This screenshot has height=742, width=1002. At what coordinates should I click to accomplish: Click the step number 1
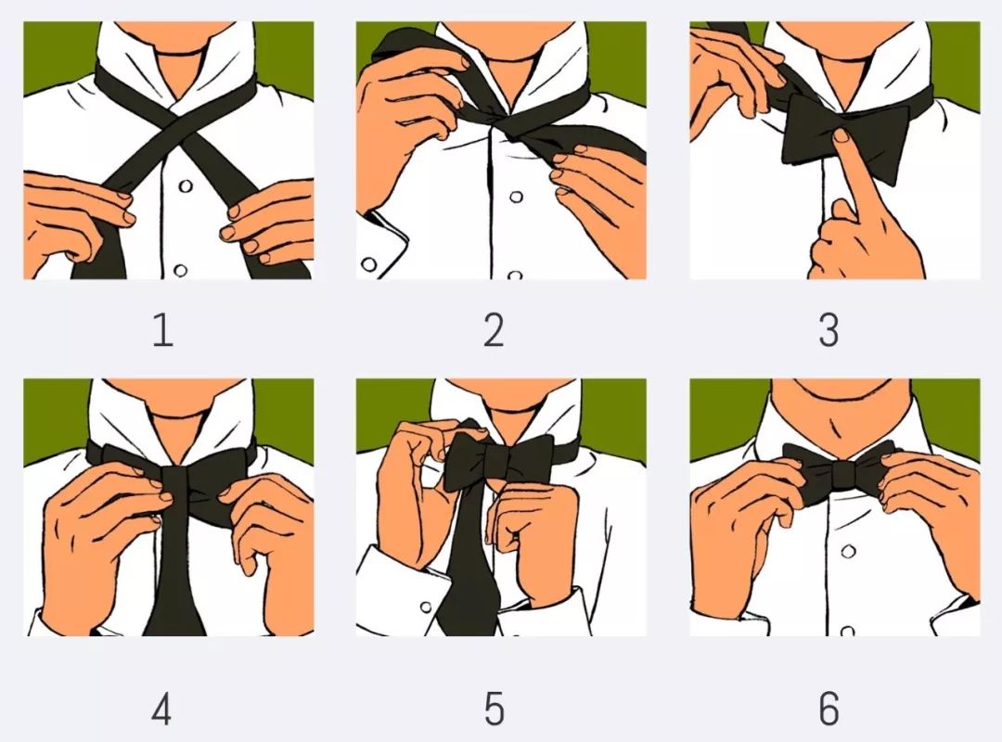pyautogui.click(x=163, y=330)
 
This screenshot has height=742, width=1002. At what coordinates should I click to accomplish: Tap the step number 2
pyautogui.click(x=494, y=330)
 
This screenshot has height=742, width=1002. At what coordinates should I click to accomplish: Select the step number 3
pyautogui.click(x=829, y=330)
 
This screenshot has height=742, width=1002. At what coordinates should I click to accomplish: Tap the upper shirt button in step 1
pyautogui.click(x=186, y=186)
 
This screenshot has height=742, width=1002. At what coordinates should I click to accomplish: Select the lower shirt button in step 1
pyautogui.click(x=180, y=270)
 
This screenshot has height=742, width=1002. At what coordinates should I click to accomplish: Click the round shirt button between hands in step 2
pyautogui.click(x=516, y=197)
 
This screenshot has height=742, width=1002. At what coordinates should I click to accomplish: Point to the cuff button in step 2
pyautogui.click(x=368, y=264)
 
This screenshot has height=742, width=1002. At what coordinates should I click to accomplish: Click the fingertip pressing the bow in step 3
pyautogui.click(x=841, y=135)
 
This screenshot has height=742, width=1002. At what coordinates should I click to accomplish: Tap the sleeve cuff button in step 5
pyautogui.click(x=426, y=607)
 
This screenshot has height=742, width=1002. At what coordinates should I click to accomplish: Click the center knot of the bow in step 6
pyautogui.click(x=842, y=473)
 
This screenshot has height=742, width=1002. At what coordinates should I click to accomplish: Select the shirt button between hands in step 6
pyautogui.click(x=848, y=551)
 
